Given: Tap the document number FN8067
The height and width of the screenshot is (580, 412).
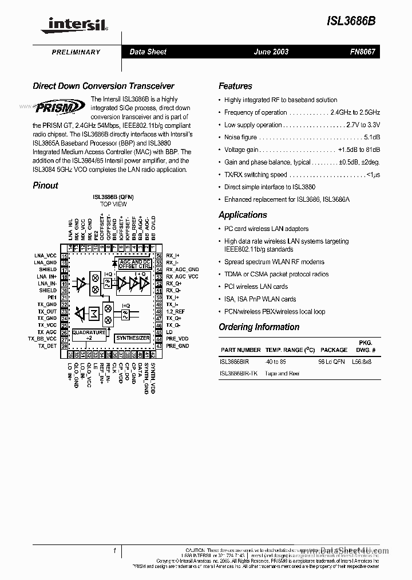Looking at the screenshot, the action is (x=363, y=52).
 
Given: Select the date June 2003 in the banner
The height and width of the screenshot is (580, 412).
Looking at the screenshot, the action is (x=271, y=52).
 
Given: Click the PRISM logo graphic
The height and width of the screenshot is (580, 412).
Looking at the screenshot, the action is (x=60, y=107).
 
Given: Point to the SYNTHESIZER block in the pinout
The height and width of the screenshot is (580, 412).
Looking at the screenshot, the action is (x=133, y=338).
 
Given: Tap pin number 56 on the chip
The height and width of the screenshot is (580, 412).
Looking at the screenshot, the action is (x=159, y=256).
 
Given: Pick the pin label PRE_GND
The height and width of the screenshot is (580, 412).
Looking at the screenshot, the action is (x=177, y=346).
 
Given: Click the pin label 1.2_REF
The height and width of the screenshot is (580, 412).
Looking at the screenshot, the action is (x=176, y=311).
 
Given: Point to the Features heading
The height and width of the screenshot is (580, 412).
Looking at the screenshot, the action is (x=235, y=86).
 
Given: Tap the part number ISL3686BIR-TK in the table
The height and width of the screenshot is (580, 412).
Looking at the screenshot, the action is (x=239, y=374).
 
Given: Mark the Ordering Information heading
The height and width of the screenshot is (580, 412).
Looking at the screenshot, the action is (x=259, y=327).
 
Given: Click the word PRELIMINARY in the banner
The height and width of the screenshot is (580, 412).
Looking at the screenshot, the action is (x=76, y=52).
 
